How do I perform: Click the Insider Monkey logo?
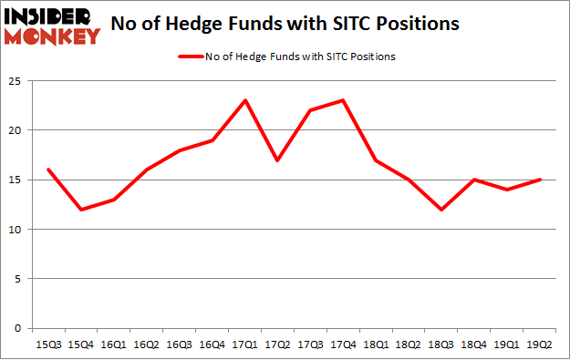51,25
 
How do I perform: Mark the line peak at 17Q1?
244,100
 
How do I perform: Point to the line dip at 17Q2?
277,159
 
